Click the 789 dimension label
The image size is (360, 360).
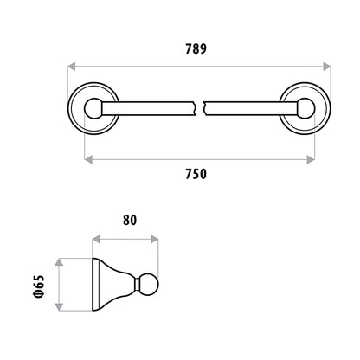(x=196, y=48)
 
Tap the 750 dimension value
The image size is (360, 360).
(x=196, y=174)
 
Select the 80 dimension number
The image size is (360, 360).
(x=130, y=220)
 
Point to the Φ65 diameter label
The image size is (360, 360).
(x=39, y=286)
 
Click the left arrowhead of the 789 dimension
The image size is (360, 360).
(x=71, y=67)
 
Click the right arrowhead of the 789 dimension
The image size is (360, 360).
(x=327, y=67)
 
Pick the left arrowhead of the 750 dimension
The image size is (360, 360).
(x=88, y=159)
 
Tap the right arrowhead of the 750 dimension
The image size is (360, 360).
(x=311, y=159)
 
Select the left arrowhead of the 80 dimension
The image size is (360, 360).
(x=96, y=239)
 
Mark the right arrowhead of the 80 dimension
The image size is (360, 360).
(x=154, y=239)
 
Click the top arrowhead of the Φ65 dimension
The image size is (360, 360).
(x=59, y=262)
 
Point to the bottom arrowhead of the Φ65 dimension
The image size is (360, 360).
(x=59, y=307)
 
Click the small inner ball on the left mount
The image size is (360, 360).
(x=93, y=108)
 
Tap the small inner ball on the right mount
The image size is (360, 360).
(x=305, y=108)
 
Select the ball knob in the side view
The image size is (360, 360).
(x=149, y=285)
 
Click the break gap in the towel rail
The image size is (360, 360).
(x=199, y=108)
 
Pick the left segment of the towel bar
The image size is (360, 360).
(x=148, y=108)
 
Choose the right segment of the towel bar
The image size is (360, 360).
(x=250, y=108)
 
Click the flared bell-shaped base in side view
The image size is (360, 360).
(x=113, y=285)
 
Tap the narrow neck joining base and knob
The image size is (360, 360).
(x=138, y=285)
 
